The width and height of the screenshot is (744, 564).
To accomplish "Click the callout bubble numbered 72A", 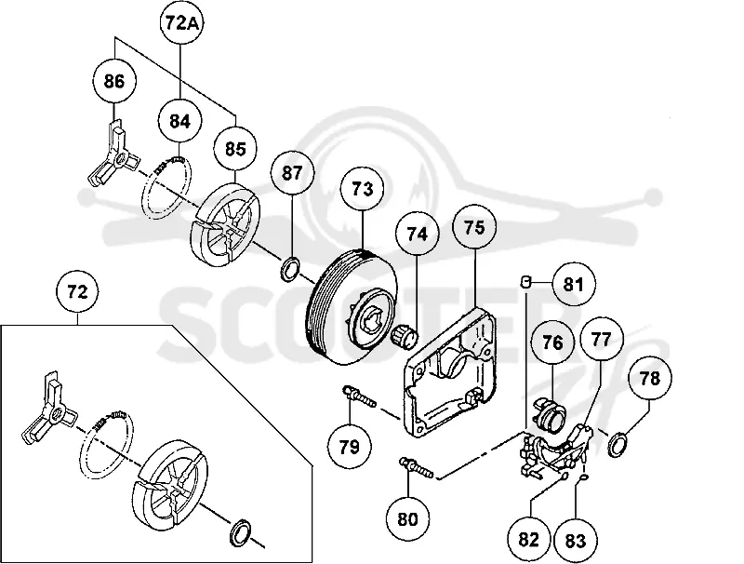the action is pyautogui.click(x=181, y=22).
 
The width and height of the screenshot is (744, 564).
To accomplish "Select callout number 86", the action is pyautogui.click(x=113, y=81).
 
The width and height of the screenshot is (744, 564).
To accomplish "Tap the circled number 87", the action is pyautogui.click(x=292, y=173).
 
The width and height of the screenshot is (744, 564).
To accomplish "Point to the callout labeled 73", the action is pyautogui.click(x=363, y=189).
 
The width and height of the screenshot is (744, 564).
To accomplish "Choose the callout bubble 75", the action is pyautogui.click(x=474, y=227).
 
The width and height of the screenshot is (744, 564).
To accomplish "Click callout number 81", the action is pyautogui.click(x=572, y=285).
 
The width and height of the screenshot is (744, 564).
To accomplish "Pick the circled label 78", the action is pyautogui.click(x=649, y=379).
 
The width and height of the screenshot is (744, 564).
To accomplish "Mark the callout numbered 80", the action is pyautogui.click(x=407, y=519).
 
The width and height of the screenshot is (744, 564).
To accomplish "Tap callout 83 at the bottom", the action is pyautogui.click(x=576, y=540).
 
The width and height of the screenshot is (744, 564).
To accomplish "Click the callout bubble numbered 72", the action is pyautogui.click(x=78, y=291).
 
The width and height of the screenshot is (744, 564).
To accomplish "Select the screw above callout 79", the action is pyautogui.click(x=359, y=396).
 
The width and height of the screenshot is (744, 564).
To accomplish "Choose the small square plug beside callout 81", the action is pyautogui.click(x=525, y=281).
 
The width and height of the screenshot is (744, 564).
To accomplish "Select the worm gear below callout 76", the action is pyautogui.click(x=550, y=413).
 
